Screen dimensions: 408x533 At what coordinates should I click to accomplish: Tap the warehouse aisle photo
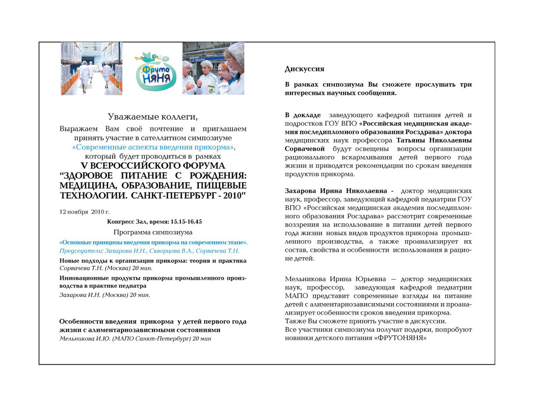(x=91, y=69)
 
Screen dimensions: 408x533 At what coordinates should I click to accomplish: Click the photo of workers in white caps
(x=213, y=69)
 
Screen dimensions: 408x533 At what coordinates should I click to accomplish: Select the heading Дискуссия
(x=304, y=69)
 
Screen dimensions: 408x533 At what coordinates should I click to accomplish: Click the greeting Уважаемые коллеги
(x=153, y=117)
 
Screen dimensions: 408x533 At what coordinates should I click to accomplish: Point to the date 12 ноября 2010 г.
(x=85, y=212)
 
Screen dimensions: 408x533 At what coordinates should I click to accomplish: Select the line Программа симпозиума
(x=153, y=233)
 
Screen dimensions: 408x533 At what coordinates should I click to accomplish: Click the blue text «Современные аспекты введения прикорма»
(x=154, y=147)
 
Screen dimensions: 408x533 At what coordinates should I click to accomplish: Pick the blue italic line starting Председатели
(x=149, y=251)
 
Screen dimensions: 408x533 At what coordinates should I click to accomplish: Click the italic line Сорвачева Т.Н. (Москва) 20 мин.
(x=106, y=268)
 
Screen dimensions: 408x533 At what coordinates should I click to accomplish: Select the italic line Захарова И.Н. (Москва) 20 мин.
(x=105, y=295)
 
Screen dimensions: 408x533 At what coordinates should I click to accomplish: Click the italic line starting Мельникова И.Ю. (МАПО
(x=135, y=338)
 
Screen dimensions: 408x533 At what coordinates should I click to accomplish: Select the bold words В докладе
(x=303, y=115)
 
